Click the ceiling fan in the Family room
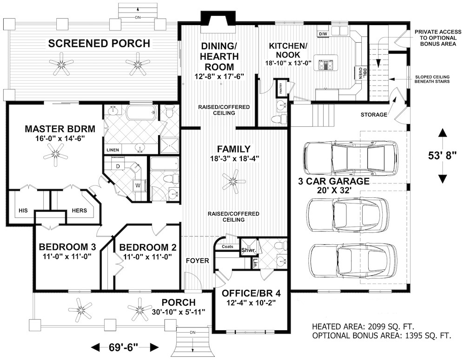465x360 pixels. click(x=233, y=181)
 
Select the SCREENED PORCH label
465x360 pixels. click(x=100, y=44)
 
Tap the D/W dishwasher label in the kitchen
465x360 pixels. click(x=323, y=33)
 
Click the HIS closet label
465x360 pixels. click(x=23, y=210)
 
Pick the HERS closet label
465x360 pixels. click(x=79, y=210)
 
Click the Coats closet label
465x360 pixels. click(x=228, y=246)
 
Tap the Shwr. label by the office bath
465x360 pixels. click(x=246, y=250)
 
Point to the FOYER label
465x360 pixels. click(x=198, y=261)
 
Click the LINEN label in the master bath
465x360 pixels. click(x=113, y=150)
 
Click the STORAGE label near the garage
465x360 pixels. click(x=373, y=115)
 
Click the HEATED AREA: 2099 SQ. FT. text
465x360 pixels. click(x=363, y=326)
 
